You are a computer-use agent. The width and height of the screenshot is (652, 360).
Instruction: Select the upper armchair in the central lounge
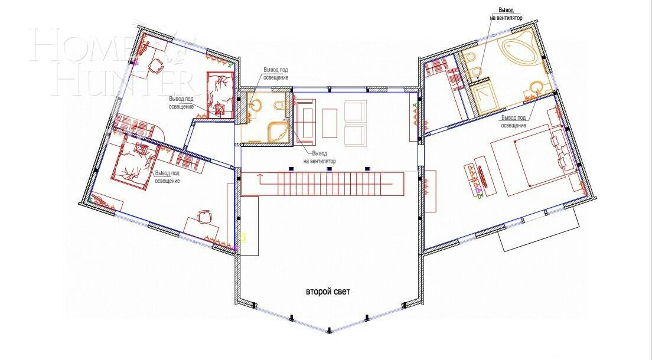click(356, 110)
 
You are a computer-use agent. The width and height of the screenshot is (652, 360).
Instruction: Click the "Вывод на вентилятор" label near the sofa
click(320, 157)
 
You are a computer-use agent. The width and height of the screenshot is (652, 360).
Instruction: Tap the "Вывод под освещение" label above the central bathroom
click(275, 74)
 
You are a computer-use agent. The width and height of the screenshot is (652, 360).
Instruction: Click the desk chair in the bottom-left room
click(204, 217)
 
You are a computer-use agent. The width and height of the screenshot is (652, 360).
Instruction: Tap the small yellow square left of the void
click(243, 239)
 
